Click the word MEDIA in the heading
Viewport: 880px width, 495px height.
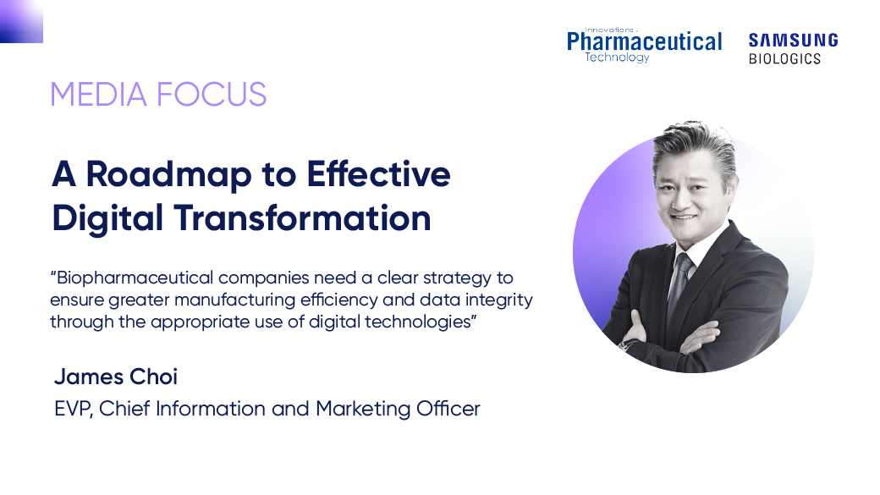(98, 94)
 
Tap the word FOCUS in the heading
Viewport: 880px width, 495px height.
(212, 94)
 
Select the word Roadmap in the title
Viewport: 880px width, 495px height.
(169, 176)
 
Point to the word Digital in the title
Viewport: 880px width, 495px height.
(107, 219)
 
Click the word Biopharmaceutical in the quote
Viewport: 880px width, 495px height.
(135, 278)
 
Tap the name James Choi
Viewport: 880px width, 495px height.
(116, 377)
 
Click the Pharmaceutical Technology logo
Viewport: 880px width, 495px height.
(644, 45)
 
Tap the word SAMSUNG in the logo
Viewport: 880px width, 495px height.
(794, 41)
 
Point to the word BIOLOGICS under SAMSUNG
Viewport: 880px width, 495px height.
(784, 58)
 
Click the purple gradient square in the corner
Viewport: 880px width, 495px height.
(21, 21)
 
